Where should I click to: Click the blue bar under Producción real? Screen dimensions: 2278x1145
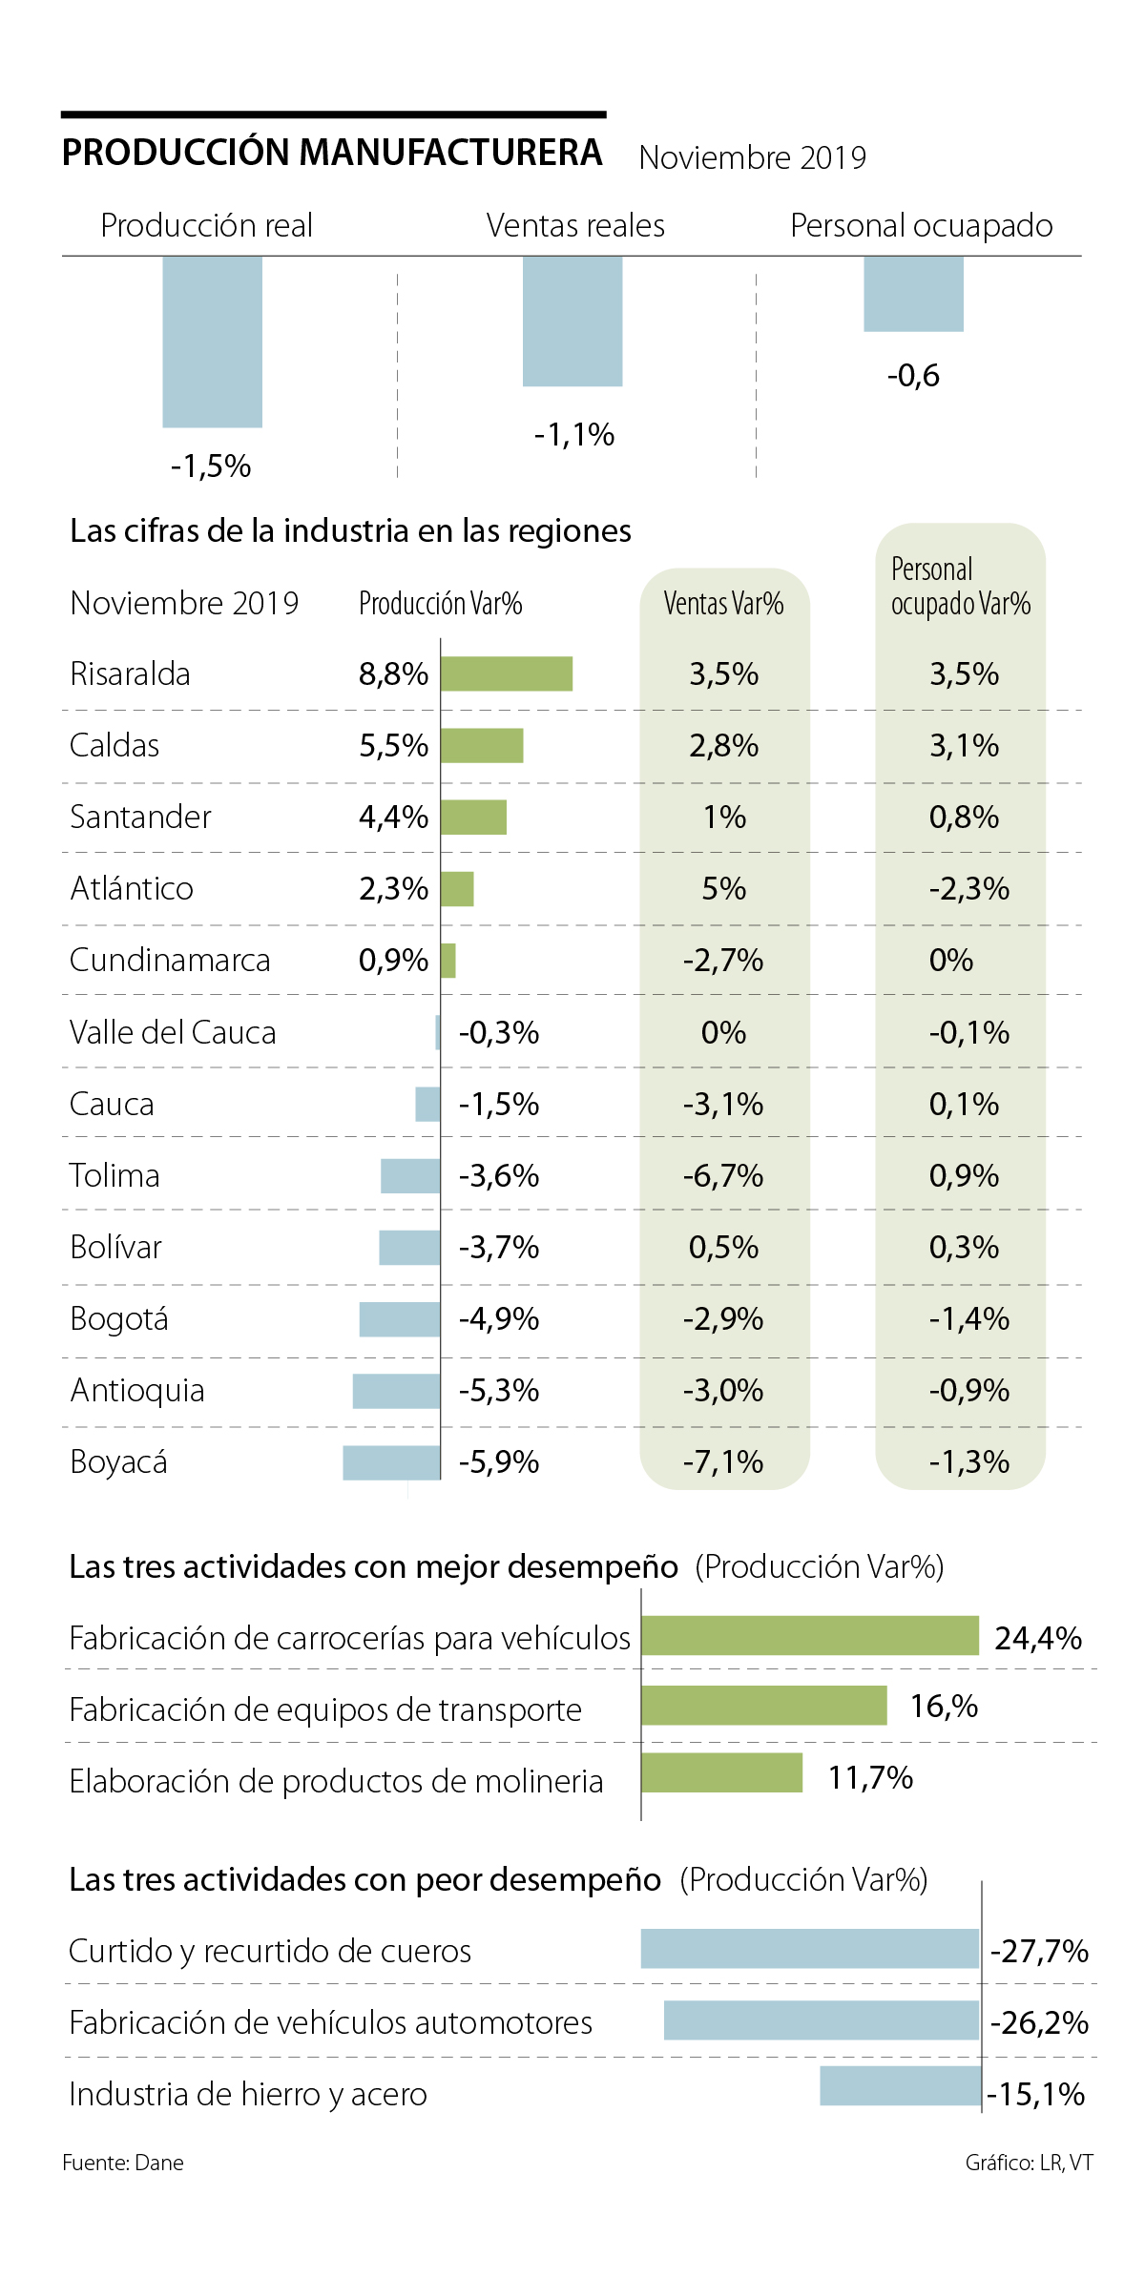click(x=212, y=342)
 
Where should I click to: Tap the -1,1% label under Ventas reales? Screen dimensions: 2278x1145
click(x=574, y=435)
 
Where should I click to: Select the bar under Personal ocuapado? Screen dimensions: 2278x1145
click(x=913, y=294)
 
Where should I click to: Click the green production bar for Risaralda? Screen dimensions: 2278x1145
click(x=507, y=673)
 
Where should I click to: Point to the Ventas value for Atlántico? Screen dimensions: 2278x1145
click(x=724, y=889)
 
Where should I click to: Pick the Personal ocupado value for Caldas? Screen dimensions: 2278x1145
click(x=964, y=746)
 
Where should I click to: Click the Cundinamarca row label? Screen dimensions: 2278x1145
click(x=170, y=961)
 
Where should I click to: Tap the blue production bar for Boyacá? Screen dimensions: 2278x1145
click(x=391, y=1462)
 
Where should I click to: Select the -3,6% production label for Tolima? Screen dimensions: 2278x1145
click(x=499, y=1176)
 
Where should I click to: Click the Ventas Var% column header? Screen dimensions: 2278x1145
click(x=724, y=604)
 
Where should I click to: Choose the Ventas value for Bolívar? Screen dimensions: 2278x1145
click(x=724, y=1248)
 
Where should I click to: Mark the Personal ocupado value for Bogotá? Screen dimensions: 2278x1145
click(x=968, y=1319)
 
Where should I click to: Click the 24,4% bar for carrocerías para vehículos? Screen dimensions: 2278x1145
click(x=810, y=1635)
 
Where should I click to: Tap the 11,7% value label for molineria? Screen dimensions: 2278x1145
click(x=870, y=1778)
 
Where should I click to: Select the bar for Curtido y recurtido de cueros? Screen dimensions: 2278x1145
click(x=810, y=1948)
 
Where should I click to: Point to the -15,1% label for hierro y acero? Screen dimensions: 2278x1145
click(x=1036, y=2095)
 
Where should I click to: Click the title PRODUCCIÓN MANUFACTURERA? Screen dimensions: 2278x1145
click(x=332, y=153)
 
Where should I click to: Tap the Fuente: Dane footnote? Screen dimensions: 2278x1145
click(x=123, y=2163)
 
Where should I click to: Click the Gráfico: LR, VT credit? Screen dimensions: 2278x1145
click(x=1029, y=2163)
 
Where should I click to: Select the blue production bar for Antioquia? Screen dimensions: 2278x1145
click(x=396, y=1391)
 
